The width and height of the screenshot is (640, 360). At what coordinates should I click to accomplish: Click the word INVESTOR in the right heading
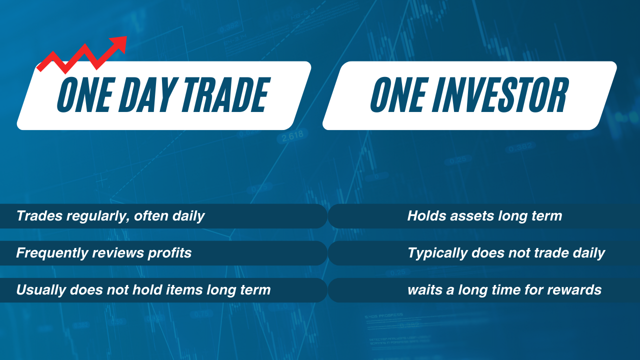[x=500, y=94]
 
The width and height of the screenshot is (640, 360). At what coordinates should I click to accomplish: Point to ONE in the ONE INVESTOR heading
[x=399, y=94]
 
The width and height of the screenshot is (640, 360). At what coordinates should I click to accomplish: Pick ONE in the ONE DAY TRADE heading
[x=86, y=94]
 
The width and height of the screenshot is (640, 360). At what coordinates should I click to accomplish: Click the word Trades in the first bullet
[x=39, y=215]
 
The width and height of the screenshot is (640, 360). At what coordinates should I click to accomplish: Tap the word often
[x=151, y=215]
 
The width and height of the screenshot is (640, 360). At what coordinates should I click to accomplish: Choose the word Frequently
[x=52, y=253]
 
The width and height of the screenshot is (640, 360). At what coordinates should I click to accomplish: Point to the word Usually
[x=41, y=290]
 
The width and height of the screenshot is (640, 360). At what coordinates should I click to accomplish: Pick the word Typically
[x=437, y=253]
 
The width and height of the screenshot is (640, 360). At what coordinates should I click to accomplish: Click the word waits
[x=425, y=290]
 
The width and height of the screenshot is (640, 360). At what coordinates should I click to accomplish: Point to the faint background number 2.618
[x=292, y=136]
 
